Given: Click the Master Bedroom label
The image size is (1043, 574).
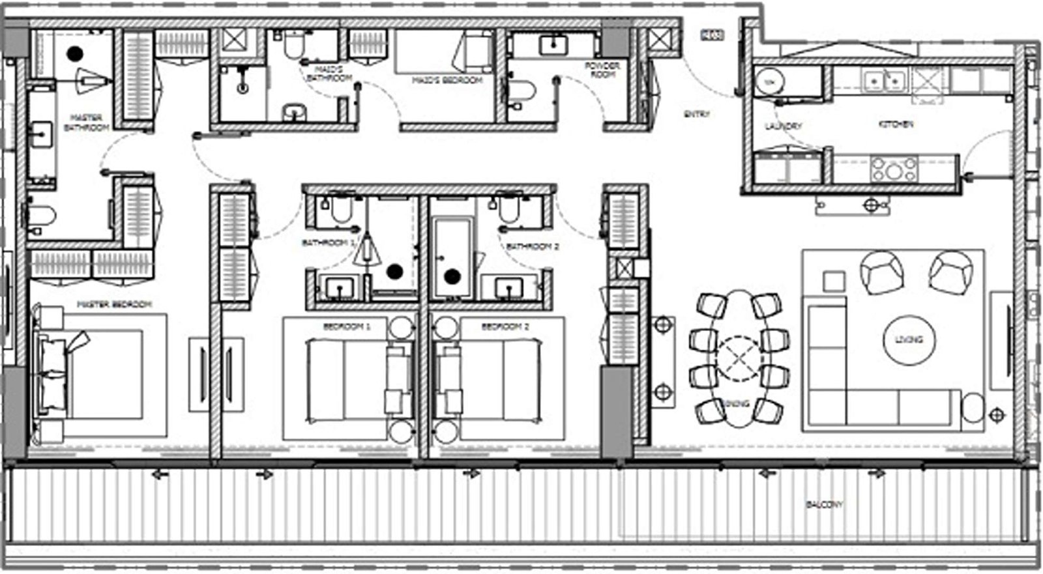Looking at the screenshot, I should pyautogui.click(x=114, y=304).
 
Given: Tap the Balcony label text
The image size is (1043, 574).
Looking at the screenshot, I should pyautogui.click(x=824, y=504).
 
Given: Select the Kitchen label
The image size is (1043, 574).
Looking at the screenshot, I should pyautogui.click(x=896, y=124).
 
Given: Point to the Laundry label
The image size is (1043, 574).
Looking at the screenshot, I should pyautogui.click(x=784, y=125).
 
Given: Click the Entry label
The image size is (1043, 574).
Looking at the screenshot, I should pyautogui.click(x=696, y=114).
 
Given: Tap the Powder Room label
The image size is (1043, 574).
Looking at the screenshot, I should pyautogui.click(x=602, y=70).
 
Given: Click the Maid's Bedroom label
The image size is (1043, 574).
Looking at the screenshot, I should pyautogui.click(x=447, y=80).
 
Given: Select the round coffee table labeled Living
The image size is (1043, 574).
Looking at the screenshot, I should pyautogui.click(x=908, y=339).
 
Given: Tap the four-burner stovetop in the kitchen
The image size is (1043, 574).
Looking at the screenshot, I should pyautogui.click(x=894, y=169).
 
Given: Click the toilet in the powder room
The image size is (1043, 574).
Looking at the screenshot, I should pyautogui.click(x=521, y=90).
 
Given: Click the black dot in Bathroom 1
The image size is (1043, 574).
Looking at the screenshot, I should pyautogui.click(x=394, y=271).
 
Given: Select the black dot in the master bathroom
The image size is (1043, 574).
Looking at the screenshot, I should pyautogui.click(x=76, y=53).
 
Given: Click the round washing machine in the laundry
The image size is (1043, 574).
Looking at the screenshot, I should pyautogui.click(x=770, y=82).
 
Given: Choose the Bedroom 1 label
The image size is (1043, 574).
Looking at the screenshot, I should pyautogui.click(x=346, y=326).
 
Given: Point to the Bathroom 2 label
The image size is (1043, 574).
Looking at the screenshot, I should pyautogui.click(x=532, y=246).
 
